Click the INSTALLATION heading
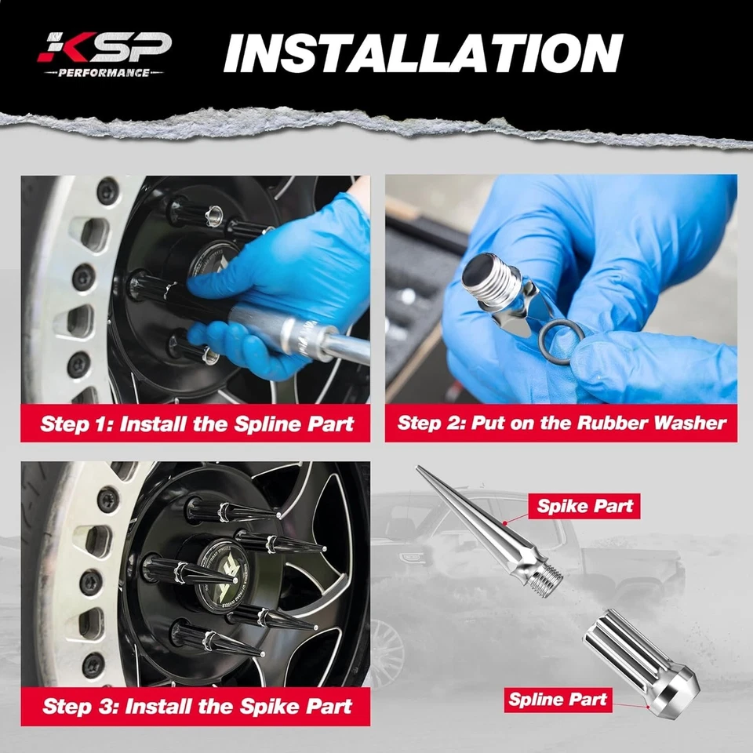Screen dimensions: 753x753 [x=423, y=53]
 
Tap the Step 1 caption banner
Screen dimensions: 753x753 [x=197, y=424]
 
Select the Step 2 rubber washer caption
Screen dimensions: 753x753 [x=561, y=424]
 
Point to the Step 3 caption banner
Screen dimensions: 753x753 [x=197, y=705]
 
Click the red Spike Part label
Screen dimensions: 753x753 [x=584, y=506]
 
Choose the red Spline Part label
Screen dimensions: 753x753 [x=558, y=698]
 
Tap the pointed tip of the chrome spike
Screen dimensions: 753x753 [x=420, y=470]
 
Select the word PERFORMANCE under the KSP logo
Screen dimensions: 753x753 [x=104, y=73]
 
